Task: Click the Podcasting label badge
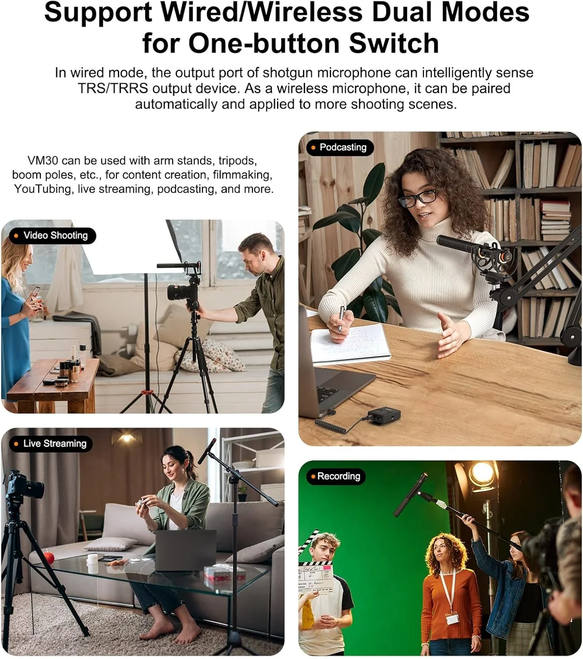340,147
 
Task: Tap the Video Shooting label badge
52,235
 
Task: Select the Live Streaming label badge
51,444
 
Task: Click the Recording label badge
335,477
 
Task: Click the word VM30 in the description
43,161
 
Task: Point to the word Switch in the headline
394,43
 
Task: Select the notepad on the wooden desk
350,343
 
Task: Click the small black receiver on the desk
384,416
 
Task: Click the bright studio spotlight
481,475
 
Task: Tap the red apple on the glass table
49,558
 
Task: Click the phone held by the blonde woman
35,293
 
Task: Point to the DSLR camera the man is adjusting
183,291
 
